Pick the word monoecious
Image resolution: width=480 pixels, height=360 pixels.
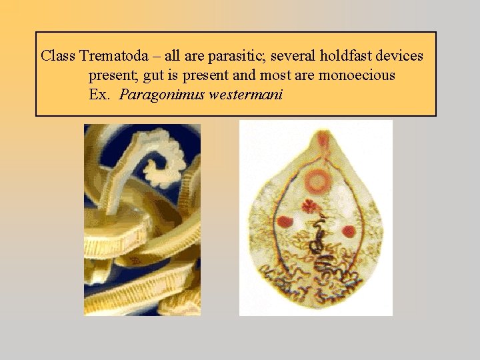point(357,75)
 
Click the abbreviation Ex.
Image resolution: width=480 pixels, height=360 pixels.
point(99,94)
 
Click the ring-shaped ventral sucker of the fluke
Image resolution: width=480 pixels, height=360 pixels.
point(317,180)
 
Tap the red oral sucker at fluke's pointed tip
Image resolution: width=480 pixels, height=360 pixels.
point(323,139)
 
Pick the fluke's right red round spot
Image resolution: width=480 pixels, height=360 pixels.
point(348,231)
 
